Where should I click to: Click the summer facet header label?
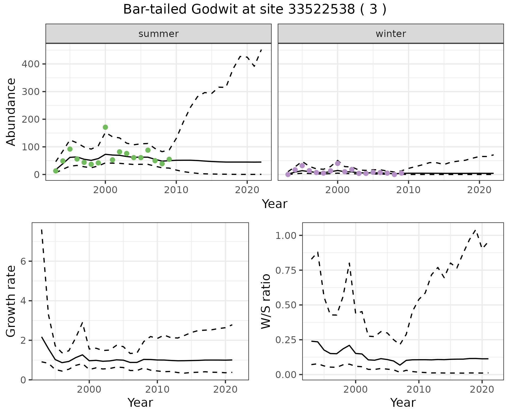click(x=159, y=34)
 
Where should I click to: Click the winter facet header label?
click(x=391, y=34)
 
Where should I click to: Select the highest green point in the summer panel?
click(x=105, y=127)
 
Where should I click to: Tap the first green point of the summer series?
click(x=56, y=171)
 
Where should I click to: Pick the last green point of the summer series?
click(x=169, y=159)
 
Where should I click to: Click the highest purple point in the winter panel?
click(x=338, y=163)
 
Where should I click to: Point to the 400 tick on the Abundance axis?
click(x=31, y=64)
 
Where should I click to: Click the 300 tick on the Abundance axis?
click(x=31, y=92)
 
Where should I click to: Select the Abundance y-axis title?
click(x=11, y=112)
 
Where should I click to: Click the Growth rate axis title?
click(x=11, y=301)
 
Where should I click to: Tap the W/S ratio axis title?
click(x=266, y=301)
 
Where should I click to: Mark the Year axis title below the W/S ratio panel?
click(x=403, y=402)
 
